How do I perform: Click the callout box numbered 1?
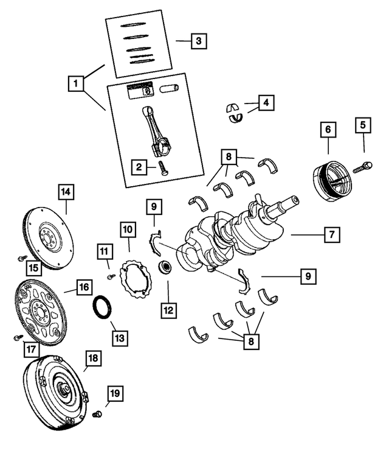point(76,82)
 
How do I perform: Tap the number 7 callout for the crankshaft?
point(331,234)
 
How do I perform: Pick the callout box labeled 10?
point(128,229)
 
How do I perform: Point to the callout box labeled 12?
point(168,310)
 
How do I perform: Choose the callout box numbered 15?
point(33,267)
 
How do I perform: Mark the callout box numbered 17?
point(30,349)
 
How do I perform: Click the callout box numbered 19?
point(114,394)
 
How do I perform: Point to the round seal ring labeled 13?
point(102,305)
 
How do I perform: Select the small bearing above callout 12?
point(164,267)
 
